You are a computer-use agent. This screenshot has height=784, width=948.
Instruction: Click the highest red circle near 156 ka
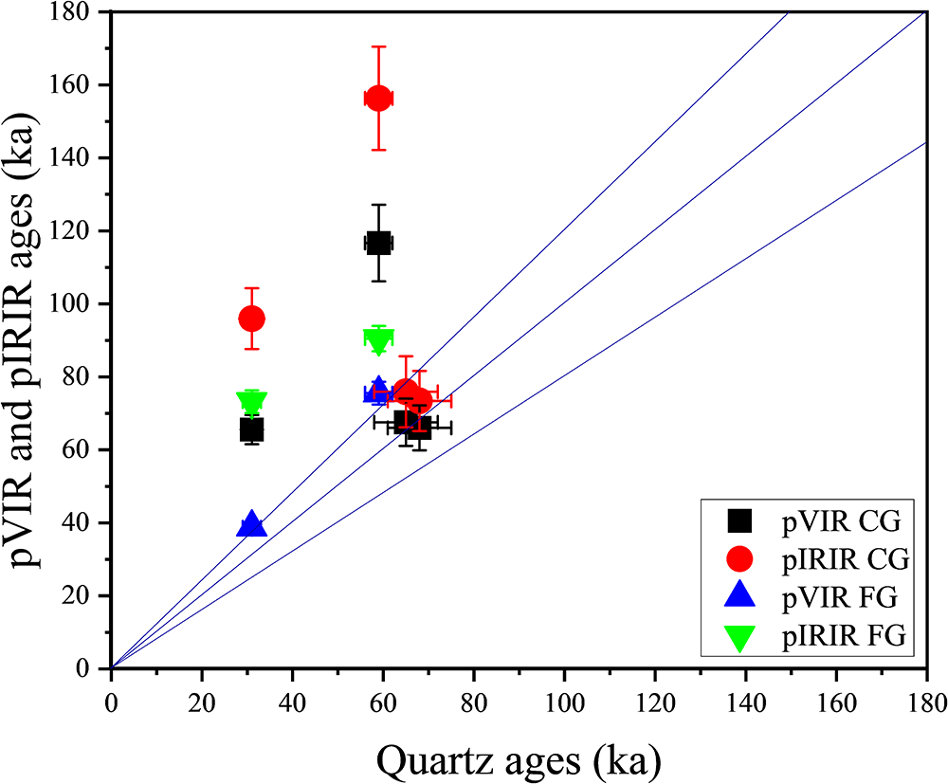[378, 98]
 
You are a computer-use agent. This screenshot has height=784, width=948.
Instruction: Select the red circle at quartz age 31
[251, 319]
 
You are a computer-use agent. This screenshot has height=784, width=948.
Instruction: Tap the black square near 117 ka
[378, 243]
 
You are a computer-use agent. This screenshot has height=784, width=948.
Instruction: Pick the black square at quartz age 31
[251, 429]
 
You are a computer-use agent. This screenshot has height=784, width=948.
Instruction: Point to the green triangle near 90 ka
[378, 340]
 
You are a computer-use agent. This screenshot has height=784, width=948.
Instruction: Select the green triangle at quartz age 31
[251, 402]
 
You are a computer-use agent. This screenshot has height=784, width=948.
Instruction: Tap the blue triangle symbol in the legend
[738, 597]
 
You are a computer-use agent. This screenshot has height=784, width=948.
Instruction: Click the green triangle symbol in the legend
[738, 638]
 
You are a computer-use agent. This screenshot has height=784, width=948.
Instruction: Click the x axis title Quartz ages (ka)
[518, 757]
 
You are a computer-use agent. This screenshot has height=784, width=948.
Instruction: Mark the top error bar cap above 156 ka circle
[378, 46]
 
